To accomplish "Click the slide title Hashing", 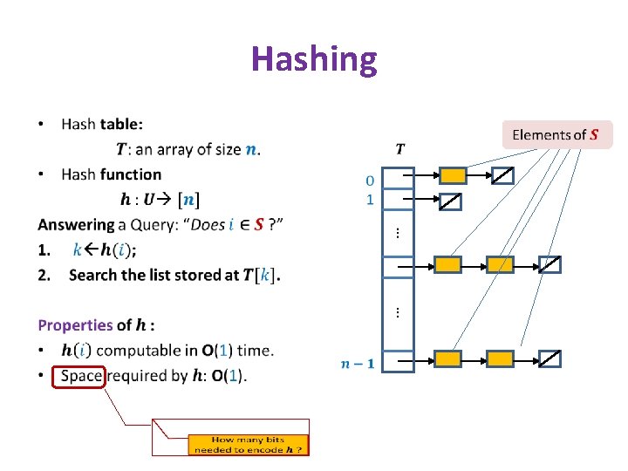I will (314, 59).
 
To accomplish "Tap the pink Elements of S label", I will (556, 134).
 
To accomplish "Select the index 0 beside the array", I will (370, 181).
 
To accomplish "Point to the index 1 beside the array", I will (370, 200).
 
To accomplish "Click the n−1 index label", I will (358, 363).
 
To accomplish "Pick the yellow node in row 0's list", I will (453, 176).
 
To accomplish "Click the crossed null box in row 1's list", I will (449, 203).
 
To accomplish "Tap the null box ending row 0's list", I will (502, 176).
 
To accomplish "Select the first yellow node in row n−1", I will (447, 358).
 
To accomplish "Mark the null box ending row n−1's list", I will (549, 358).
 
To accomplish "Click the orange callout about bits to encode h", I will (249, 445).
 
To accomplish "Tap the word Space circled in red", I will (80, 376).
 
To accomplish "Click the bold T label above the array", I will (399, 149).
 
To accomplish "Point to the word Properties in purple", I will (74, 325).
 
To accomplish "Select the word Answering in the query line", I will (76, 225).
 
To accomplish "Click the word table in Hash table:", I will (121, 124).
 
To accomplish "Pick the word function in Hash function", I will (131, 174).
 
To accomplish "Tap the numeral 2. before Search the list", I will (44, 275).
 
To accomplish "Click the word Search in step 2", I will (93, 275).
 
